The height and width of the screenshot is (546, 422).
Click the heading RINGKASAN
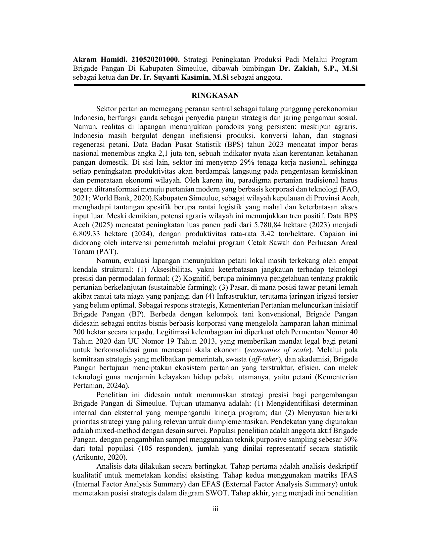tap(215, 96)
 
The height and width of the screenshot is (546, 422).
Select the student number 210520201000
tap(155, 60)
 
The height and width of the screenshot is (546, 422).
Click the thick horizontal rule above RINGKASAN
tap(219, 85)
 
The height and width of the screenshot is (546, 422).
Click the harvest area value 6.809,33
tap(87, 234)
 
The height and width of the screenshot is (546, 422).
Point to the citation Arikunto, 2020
tap(100, 457)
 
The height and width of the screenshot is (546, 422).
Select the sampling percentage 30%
tap(350, 440)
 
